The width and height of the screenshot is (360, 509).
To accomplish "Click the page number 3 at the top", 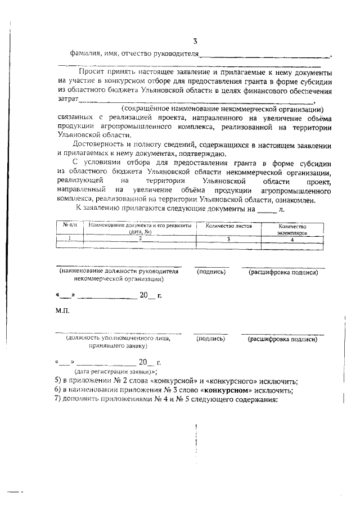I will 195,41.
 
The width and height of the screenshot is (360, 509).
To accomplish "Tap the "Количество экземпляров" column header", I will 292,228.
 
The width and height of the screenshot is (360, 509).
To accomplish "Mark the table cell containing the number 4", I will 292,238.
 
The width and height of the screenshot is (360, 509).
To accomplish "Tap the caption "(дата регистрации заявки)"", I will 115,372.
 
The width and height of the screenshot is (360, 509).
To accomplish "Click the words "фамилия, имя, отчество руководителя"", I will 134,54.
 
